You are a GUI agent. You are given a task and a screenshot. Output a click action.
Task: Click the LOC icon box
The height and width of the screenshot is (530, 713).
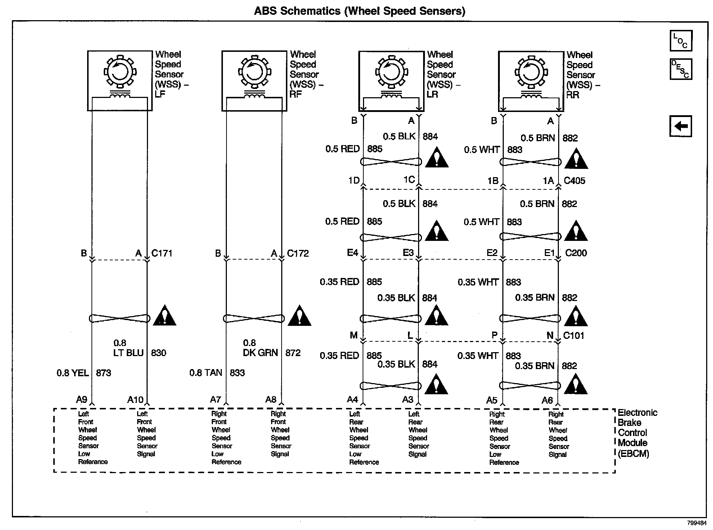coord(681,41)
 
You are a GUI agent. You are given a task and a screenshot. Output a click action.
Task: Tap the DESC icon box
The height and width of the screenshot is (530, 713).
coord(681,69)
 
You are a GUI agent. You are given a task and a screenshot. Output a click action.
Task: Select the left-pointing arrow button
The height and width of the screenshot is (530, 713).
coord(681,126)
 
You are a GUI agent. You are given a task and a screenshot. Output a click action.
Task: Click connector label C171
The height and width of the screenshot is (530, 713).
coord(162,253)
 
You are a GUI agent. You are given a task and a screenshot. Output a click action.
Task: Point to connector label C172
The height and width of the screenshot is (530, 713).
coord(298,253)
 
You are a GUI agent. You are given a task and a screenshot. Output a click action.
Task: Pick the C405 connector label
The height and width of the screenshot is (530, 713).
coord(574,180)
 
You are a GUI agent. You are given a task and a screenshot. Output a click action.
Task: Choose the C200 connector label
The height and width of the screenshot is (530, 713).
coord(576,253)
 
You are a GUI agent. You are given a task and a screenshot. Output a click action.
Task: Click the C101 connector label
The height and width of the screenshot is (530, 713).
coord(574,336)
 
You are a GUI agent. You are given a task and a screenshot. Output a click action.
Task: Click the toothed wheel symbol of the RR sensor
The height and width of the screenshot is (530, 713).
coord(531,72)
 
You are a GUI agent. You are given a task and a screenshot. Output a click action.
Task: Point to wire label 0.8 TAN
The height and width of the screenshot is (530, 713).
coord(206,372)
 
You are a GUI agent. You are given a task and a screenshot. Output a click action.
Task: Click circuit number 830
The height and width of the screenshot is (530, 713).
coord(158,352)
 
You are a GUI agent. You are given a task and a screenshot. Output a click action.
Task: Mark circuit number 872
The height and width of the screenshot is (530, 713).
coord(293,352)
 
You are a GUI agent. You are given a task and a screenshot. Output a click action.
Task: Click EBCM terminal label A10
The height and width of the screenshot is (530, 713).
coord(135,400)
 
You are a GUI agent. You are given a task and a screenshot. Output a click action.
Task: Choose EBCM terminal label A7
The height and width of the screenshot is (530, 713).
coord(215,399)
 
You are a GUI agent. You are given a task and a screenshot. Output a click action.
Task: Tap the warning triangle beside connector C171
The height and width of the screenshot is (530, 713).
coord(165,316)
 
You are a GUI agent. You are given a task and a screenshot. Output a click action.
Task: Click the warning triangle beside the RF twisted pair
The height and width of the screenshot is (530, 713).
coord(299,316)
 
